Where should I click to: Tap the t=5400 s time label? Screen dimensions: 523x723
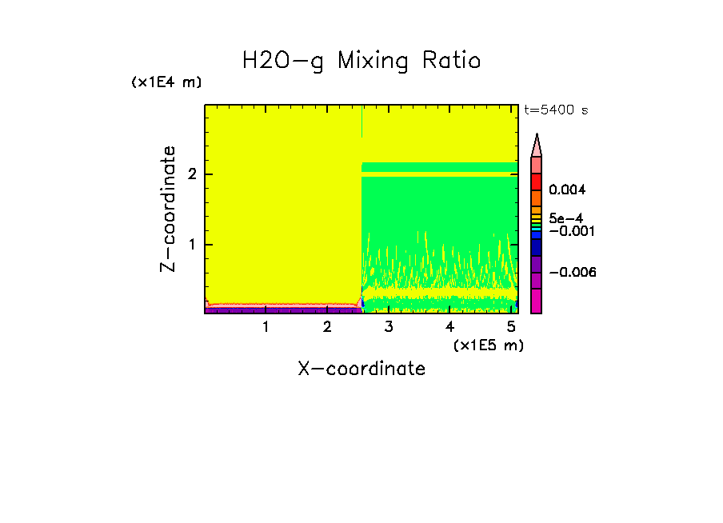tap(556, 110)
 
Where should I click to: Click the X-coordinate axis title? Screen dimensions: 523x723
tap(361, 369)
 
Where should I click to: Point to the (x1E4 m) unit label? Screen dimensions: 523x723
tap(166, 82)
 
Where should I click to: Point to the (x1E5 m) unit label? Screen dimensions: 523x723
tap(488, 345)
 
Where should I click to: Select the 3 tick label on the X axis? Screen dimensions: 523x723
tap(388, 327)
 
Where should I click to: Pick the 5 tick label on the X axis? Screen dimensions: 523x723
tap(510, 327)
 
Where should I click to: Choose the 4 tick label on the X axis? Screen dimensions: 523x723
tap(449, 327)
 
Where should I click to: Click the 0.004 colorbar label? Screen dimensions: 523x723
tap(567, 190)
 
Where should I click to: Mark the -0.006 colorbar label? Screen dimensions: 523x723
tap(573, 273)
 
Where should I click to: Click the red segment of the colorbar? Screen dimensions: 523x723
tap(537, 182)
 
